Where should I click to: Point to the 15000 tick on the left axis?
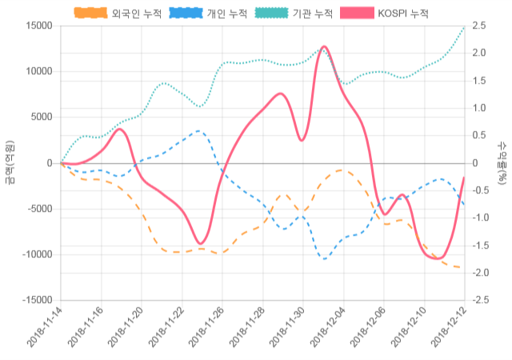[38, 26]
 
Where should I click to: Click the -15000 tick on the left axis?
[36, 300]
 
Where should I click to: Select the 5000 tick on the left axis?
[41, 117]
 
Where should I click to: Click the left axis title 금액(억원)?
[9, 163]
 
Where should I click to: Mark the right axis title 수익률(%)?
[502, 163]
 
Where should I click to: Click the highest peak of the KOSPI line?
[323, 47]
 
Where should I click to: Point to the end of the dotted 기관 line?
[464, 28]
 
